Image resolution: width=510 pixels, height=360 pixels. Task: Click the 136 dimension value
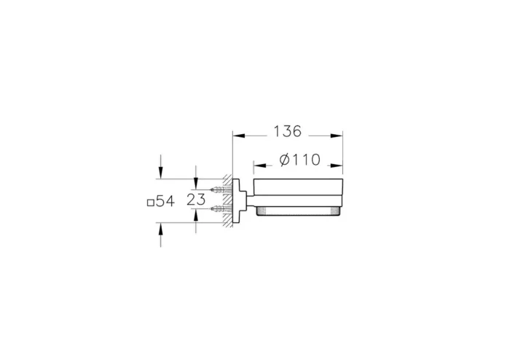tap(287, 132)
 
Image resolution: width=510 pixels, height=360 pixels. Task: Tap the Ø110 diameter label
tap(299, 160)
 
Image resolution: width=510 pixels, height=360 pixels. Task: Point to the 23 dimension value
tap(196, 199)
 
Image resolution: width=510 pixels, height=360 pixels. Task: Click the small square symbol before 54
tap(151, 202)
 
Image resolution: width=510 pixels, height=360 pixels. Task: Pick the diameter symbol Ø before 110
tap(286, 160)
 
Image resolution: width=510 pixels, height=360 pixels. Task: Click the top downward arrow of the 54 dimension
tap(160, 173)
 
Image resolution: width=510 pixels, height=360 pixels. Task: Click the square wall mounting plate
tap(236, 199)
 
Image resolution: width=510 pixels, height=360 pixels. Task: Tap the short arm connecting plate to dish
tap(247, 198)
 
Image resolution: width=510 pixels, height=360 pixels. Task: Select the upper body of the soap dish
tap(297, 192)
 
